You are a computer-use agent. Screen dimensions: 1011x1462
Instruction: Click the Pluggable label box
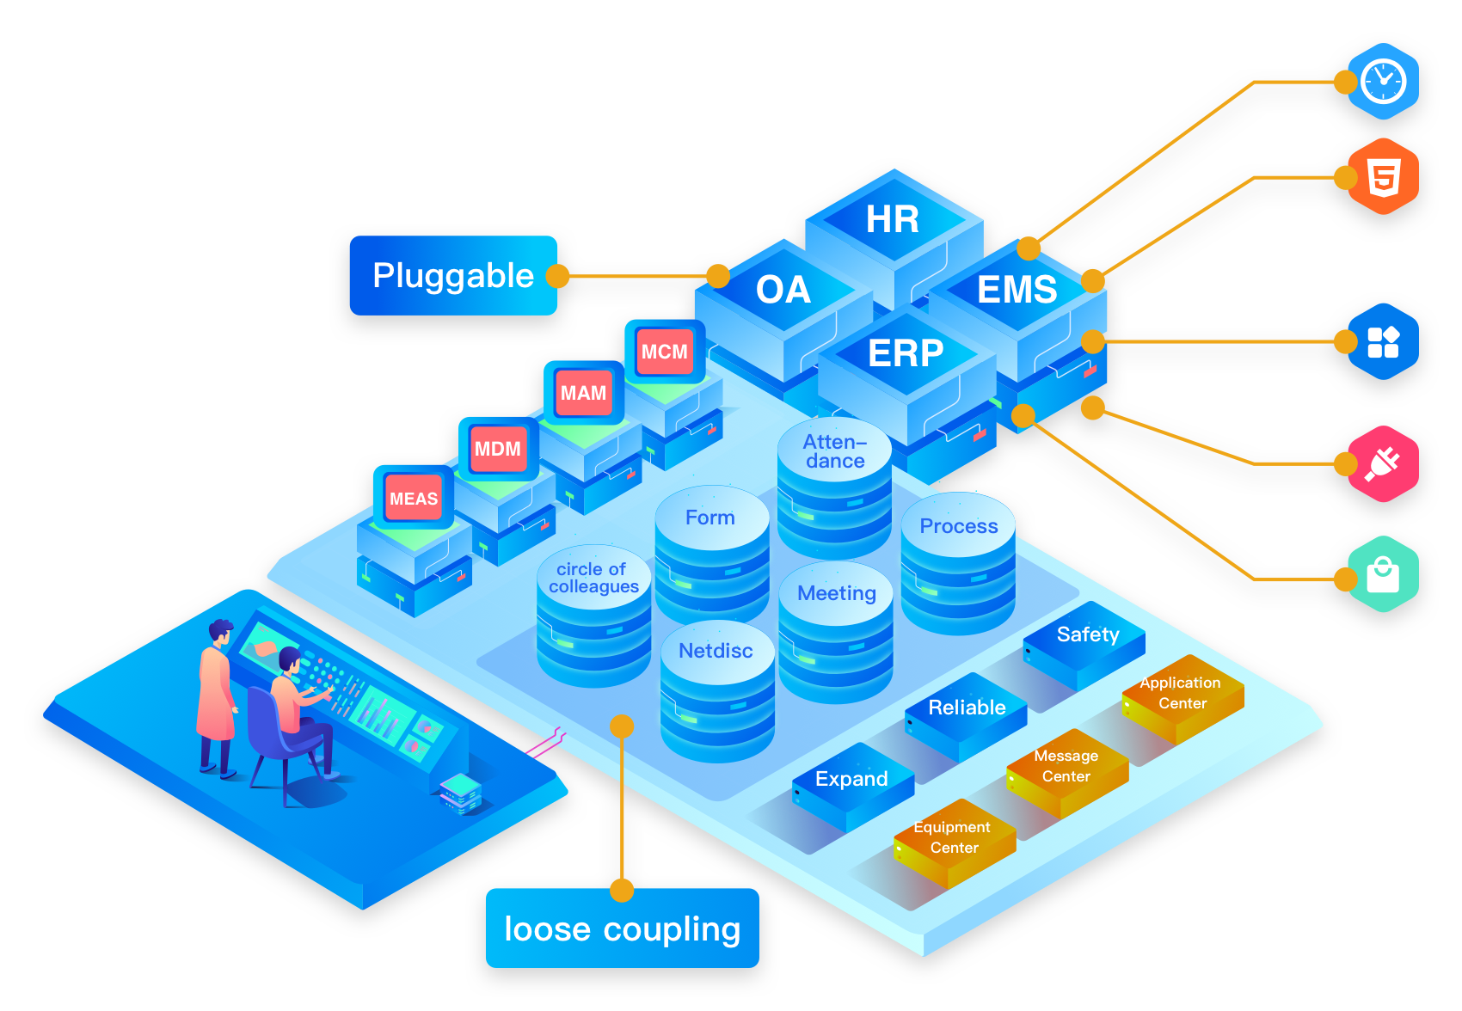[453, 275]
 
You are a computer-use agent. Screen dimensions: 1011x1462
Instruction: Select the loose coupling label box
[622, 928]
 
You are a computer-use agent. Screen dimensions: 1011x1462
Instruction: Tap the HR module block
[893, 219]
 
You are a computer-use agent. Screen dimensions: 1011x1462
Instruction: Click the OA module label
[783, 290]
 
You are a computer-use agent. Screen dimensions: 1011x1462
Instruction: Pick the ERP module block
[906, 353]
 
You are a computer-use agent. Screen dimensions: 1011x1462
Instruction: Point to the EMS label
[1017, 290]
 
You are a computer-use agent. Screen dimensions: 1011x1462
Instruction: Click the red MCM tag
[665, 352]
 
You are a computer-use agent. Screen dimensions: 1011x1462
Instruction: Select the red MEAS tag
[414, 499]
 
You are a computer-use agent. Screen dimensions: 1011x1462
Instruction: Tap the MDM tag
[498, 449]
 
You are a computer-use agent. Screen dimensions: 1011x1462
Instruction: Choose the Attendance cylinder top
[834, 451]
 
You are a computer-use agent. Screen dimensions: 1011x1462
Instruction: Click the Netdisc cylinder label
[716, 651]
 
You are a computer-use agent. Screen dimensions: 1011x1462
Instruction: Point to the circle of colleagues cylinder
[593, 579]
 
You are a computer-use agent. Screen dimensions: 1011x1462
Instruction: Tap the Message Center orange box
[1066, 767]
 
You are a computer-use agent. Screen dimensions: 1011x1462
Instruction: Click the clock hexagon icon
[1383, 82]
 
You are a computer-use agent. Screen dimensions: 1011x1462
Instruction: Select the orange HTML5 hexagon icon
[1383, 177]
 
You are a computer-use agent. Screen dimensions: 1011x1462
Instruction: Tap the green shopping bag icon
[1383, 574]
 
